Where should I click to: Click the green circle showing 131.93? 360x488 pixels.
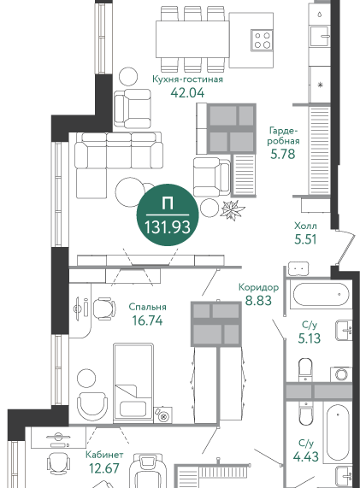point(168,215)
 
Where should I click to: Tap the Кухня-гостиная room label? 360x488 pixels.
point(187,79)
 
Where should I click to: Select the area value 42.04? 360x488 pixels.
point(187,92)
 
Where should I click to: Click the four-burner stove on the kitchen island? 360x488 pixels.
point(262,40)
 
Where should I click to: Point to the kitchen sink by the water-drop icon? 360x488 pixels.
point(320,37)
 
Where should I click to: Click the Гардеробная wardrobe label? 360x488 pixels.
point(283,135)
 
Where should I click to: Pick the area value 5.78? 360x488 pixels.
point(282,154)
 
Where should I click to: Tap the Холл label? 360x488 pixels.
point(305,226)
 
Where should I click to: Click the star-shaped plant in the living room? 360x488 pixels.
point(233,210)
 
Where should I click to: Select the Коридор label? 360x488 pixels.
point(258,287)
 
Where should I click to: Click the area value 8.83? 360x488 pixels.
point(258,301)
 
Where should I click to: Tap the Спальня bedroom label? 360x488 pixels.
point(148,307)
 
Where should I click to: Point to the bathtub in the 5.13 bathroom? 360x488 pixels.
point(321,294)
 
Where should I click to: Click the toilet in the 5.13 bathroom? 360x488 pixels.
point(305,369)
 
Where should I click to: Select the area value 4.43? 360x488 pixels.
point(306,456)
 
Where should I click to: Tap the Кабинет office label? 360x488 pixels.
point(104,455)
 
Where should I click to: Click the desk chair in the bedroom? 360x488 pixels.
point(104,309)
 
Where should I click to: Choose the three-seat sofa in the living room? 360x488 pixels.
point(119,151)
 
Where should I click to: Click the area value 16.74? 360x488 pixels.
point(147,320)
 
